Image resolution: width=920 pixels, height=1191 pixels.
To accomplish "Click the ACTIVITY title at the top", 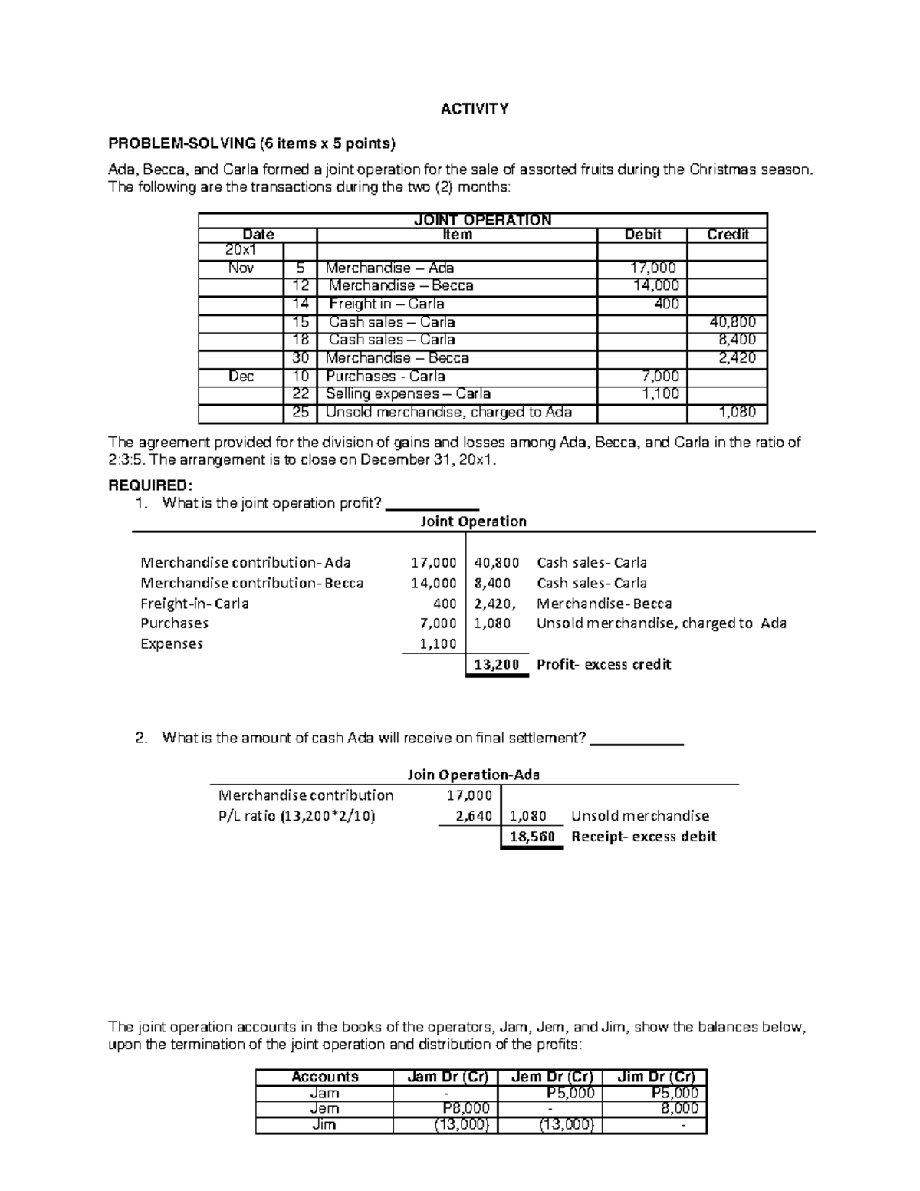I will pyautogui.click(x=475, y=109).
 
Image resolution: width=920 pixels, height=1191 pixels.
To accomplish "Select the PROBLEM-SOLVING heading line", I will pyautogui.click(x=252, y=143).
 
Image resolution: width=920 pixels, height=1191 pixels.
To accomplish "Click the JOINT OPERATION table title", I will pyautogui.click(x=482, y=220).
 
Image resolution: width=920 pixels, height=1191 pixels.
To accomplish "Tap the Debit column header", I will pyautogui.click(x=642, y=235).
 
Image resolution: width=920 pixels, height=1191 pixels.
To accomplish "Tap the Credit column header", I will pyautogui.click(x=727, y=235).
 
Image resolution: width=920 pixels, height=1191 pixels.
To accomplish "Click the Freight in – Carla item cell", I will pyautogui.click(x=386, y=304).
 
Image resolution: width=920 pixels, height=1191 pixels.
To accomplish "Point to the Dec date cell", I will pyautogui.click(x=241, y=377).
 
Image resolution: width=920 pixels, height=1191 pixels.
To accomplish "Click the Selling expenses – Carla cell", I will pyautogui.click(x=408, y=394).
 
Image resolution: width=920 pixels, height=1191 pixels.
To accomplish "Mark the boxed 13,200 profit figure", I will pyautogui.click(x=496, y=665).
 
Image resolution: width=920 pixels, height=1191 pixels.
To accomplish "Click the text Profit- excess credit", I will pyautogui.click(x=603, y=665).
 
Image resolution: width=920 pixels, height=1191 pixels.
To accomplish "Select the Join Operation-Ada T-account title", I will pyautogui.click(x=473, y=775).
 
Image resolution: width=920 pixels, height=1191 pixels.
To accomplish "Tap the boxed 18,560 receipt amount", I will pyautogui.click(x=531, y=837).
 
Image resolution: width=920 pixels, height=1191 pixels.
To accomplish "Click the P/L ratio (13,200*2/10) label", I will pyautogui.click(x=297, y=816).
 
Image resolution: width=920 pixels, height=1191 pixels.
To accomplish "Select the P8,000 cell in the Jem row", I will pyautogui.click(x=465, y=1108).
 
